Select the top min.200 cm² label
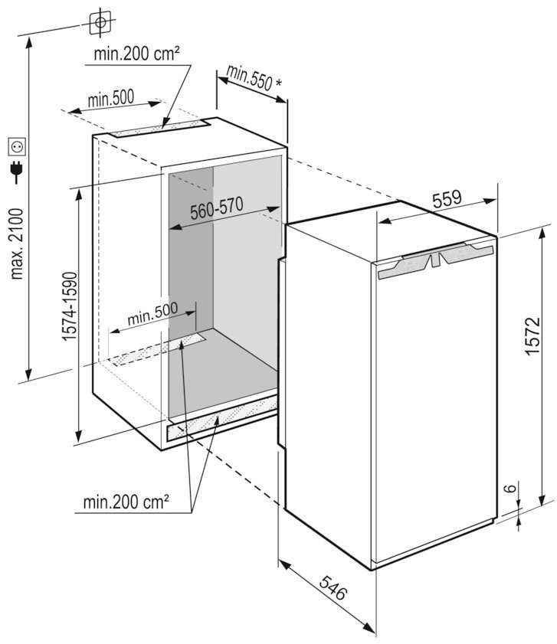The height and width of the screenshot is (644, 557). [137, 54]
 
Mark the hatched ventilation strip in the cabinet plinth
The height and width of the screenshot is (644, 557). [218, 420]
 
